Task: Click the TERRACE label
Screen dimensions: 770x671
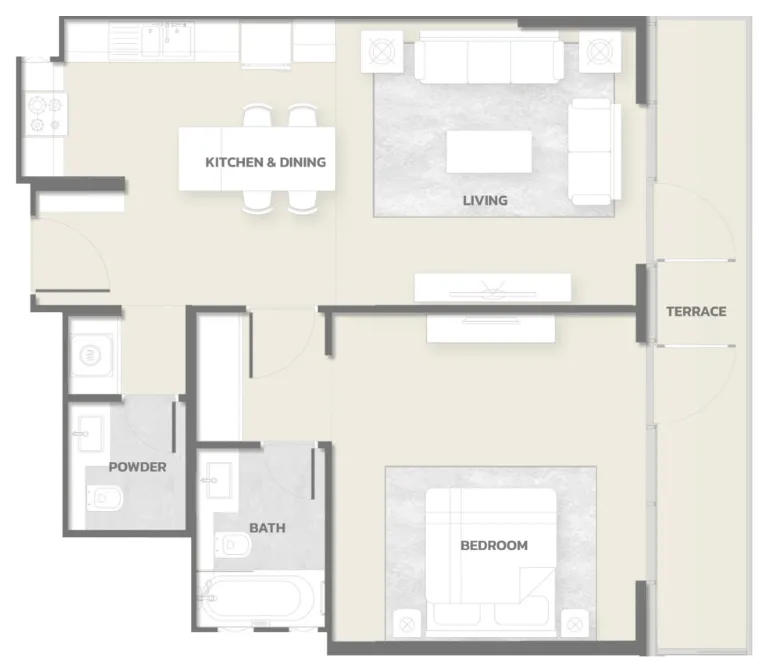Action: point(696,311)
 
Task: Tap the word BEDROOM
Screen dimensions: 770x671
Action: point(494,545)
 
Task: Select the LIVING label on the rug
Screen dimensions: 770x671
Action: point(485,200)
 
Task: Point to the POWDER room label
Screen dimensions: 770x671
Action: point(138,467)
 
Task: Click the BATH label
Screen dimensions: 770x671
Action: point(267,528)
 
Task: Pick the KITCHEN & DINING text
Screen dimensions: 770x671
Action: point(265,162)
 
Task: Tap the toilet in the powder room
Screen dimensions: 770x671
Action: point(104,498)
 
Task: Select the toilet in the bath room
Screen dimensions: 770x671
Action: point(233,544)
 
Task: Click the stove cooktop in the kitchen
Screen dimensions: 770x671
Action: point(45,114)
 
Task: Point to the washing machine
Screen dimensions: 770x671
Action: point(92,355)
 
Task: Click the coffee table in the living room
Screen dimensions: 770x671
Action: point(489,151)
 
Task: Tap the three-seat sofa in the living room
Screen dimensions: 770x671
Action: point(489,58)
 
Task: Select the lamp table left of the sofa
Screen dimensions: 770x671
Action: point(382,52)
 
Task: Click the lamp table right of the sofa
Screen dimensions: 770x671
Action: point(600,52)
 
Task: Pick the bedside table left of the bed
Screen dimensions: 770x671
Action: point(407,624)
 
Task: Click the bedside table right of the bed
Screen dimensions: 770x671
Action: point(575,624)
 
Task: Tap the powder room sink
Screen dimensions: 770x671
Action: point(89,433)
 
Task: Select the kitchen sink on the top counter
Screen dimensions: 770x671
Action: point(167,39)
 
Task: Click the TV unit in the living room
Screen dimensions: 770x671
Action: point(493,288)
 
